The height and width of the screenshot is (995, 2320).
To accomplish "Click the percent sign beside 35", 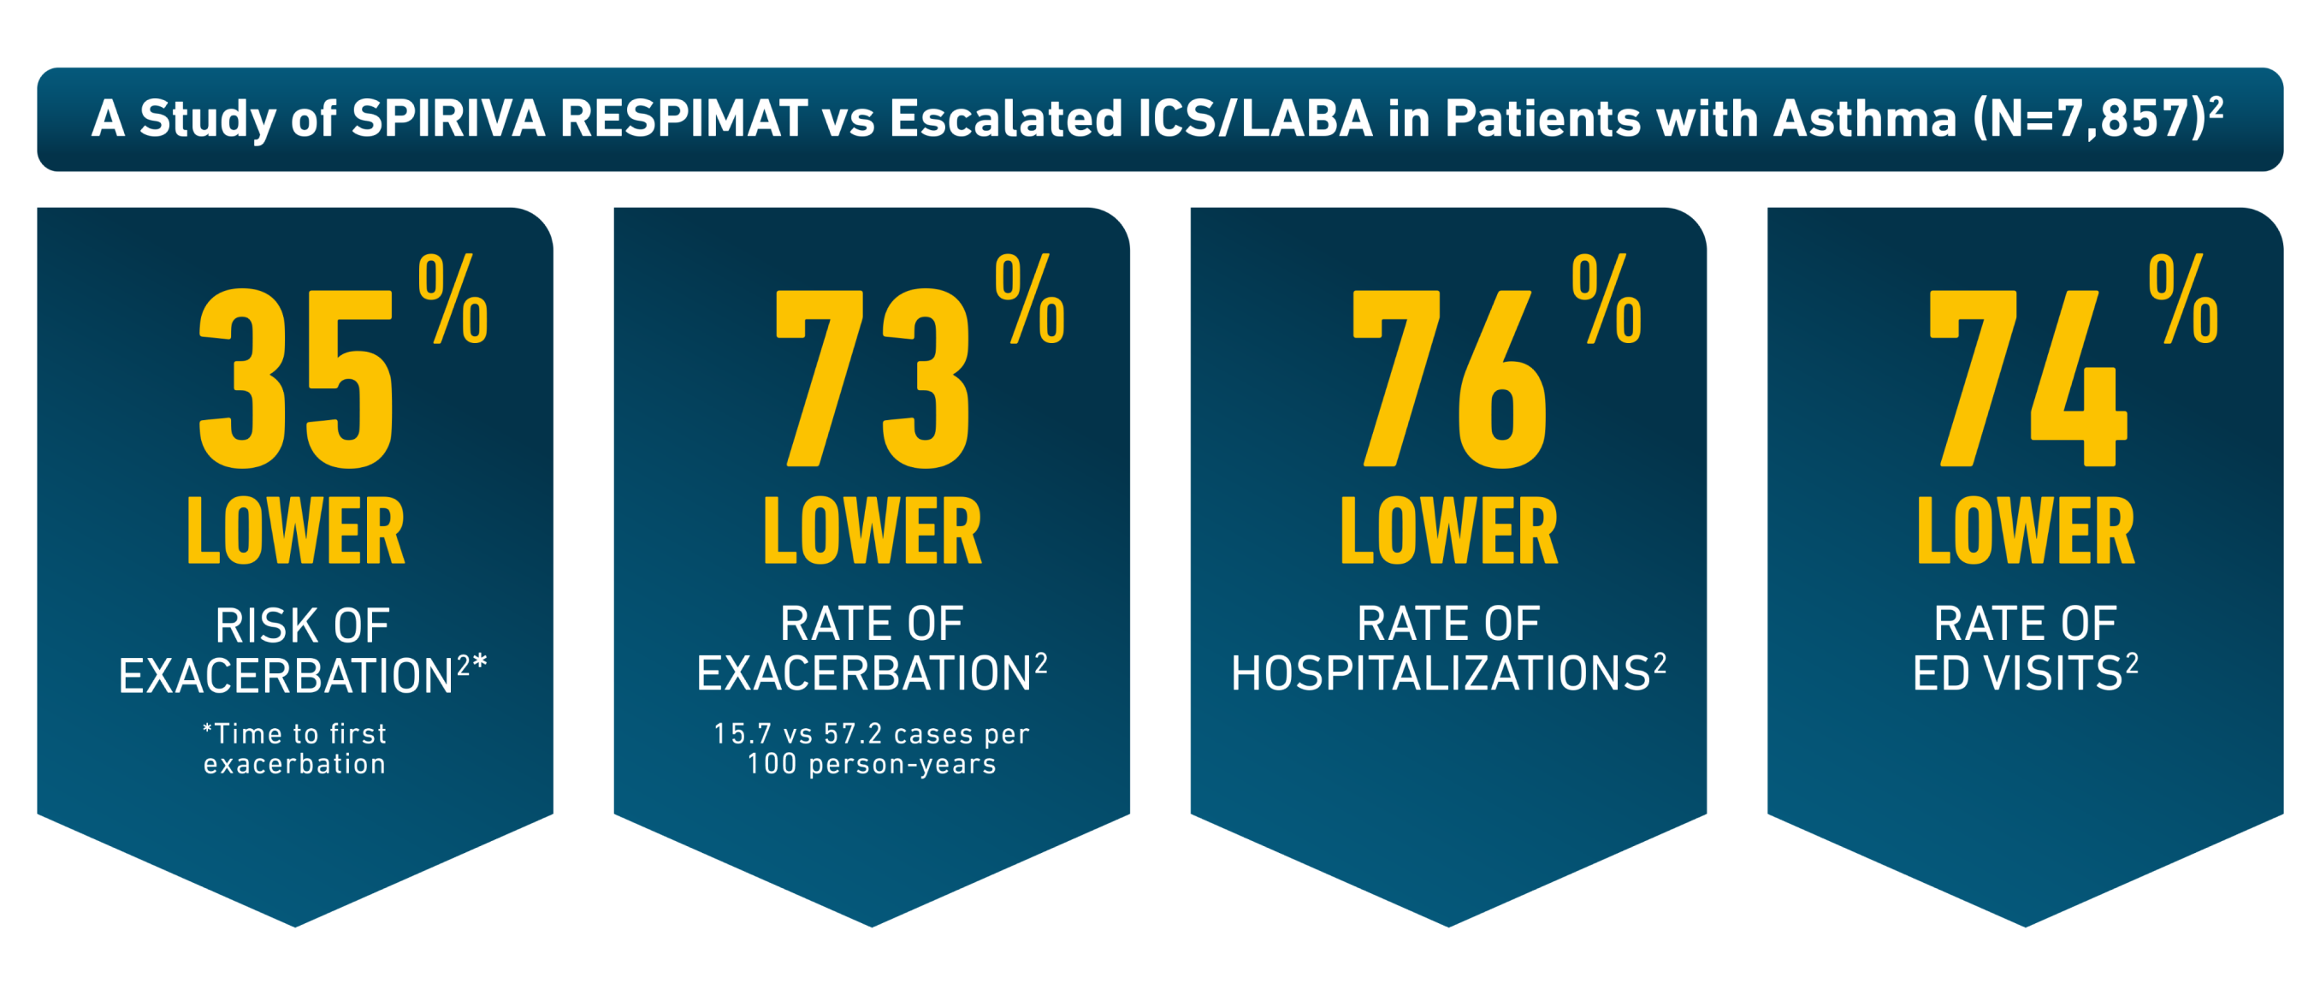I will tap(453, 299).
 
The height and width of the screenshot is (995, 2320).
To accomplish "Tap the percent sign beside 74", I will tap(2183, 299).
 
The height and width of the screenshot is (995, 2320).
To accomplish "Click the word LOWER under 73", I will tap(872, 532).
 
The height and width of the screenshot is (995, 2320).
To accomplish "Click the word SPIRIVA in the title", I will tap(447, 119).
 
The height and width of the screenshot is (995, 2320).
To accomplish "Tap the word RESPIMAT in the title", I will tap(684, 119).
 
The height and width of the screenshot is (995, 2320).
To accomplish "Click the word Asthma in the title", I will tap(1864, 119).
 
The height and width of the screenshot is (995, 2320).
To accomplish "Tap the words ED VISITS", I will tap(2017, 673).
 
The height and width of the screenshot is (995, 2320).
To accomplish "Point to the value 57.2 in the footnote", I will tap(853, 734).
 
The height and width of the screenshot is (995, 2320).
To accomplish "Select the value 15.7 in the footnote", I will tap(743, 734).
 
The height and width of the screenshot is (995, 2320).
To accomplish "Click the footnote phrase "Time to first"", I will tap(297, 734).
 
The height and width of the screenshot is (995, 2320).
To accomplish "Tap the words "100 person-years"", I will tap(872, 765).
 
